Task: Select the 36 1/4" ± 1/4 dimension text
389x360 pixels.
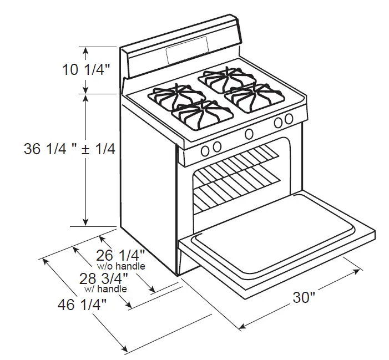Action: coord(69,149)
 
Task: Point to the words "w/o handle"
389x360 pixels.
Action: coord(121,266)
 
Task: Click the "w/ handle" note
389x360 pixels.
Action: coord(105,289)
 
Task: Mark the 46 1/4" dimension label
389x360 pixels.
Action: coord(82,304)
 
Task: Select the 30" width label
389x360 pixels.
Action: coord(304,297)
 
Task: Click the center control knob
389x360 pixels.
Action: coord(249,133)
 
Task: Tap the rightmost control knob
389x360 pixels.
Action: coord(289,119)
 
